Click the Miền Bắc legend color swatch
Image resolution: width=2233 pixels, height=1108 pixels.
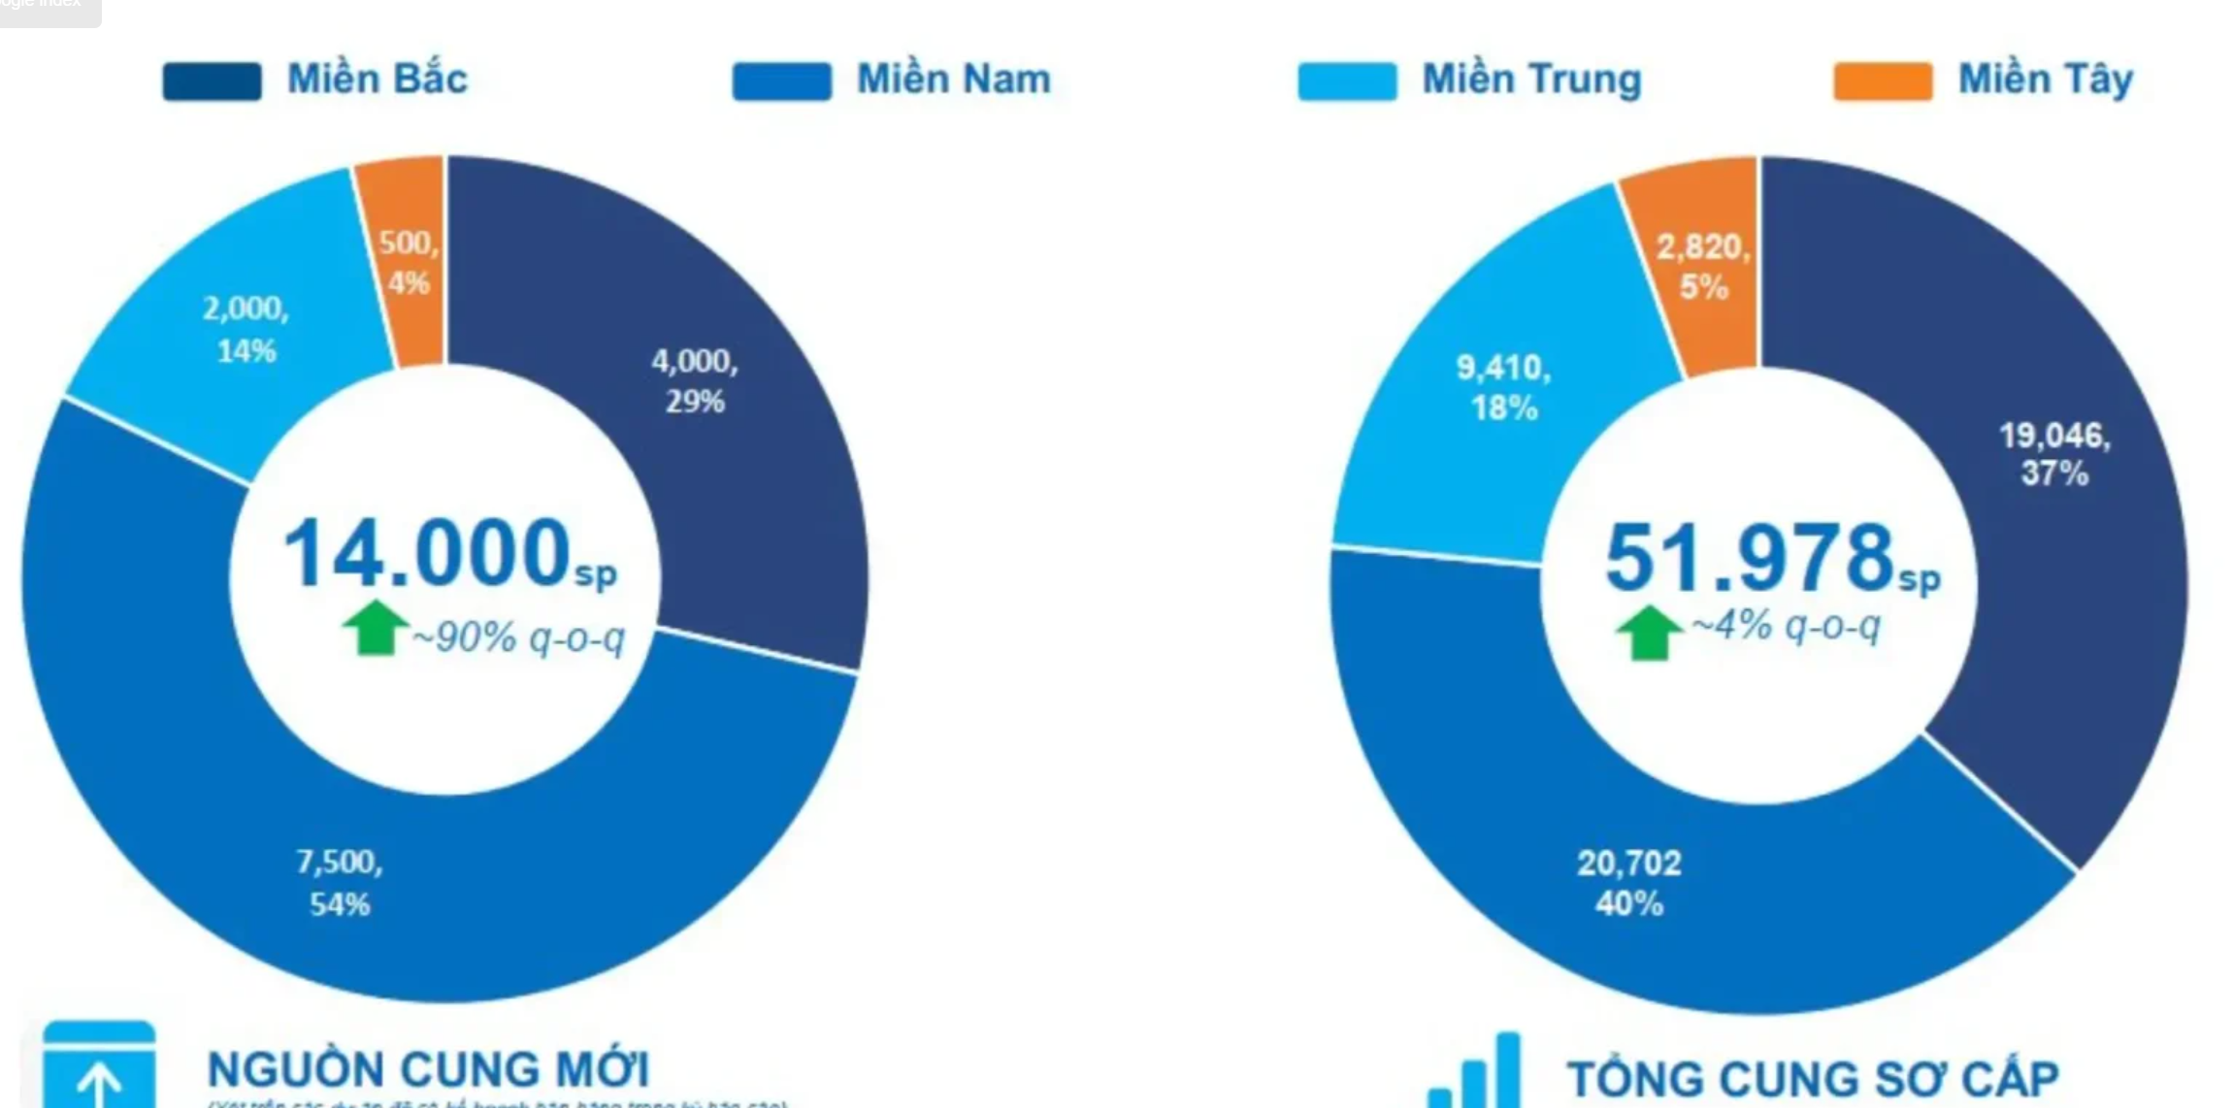click(x=212, y=81)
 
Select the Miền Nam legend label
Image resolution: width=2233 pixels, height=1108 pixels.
click(x=953, y=80)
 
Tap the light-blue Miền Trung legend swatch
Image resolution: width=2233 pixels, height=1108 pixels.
click(x=1347, y=81)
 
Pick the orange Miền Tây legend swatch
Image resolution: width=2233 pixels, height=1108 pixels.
click(x=1882, y=81)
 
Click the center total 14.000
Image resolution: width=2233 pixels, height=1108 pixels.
click(x=427, y=553)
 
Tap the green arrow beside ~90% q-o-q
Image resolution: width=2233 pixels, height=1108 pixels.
click(x=375, y=629)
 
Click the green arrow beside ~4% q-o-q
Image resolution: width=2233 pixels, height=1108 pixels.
click(x=1648, y=633)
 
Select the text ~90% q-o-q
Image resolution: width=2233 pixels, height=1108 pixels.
click(x=519, y=638)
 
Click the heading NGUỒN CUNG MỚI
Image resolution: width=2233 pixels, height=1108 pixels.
click(x=428, y=1069)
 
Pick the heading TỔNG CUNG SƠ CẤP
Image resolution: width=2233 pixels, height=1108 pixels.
click(x=1812, y=1078)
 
